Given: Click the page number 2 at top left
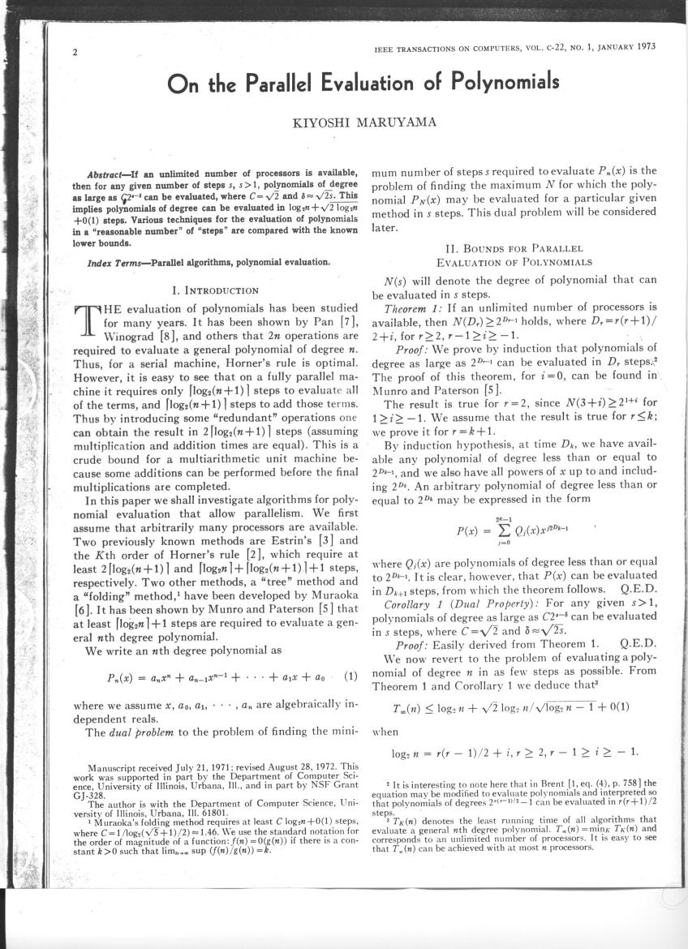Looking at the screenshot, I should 74,54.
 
